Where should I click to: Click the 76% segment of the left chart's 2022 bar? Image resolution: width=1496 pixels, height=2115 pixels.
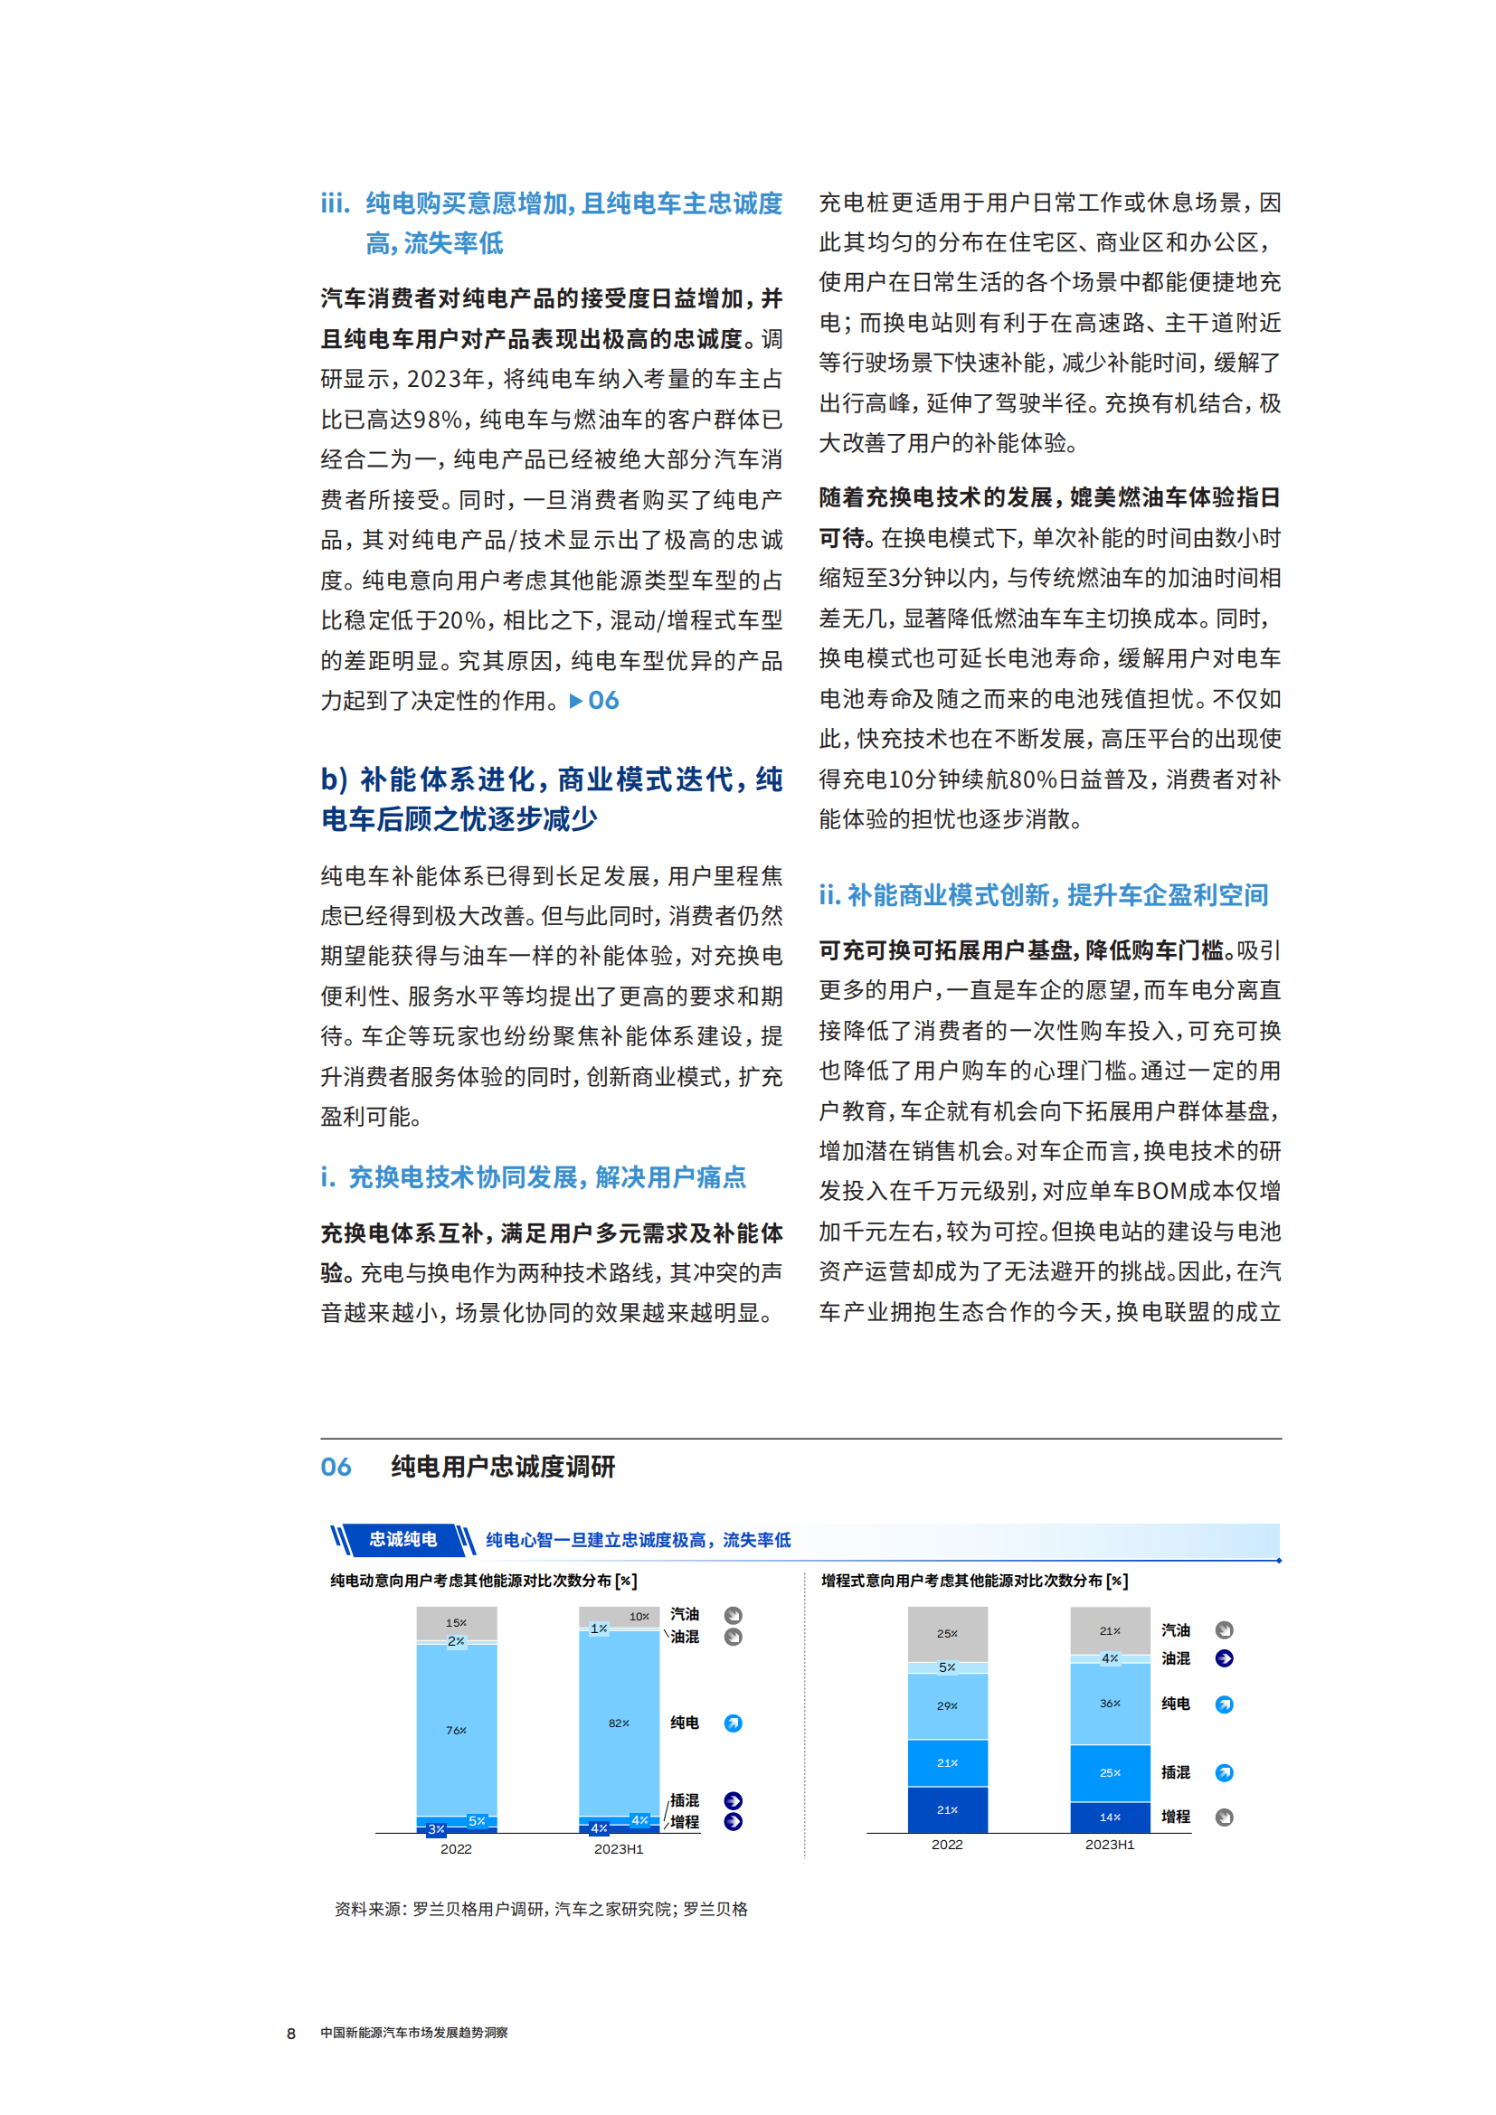456,1730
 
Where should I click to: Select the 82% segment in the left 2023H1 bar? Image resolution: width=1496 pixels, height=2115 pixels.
618,1723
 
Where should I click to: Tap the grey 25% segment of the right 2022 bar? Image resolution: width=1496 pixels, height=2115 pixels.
947,1633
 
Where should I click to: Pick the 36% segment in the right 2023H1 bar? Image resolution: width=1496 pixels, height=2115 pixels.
1110,1704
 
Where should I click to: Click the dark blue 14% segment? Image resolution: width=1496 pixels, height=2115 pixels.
1110,1817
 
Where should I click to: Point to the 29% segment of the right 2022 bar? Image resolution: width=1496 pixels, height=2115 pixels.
947,1706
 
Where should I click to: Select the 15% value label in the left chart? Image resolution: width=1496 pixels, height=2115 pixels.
456,1622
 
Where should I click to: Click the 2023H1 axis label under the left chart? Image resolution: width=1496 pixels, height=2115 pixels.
618,1849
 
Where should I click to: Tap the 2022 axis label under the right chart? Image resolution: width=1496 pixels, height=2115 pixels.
947,1844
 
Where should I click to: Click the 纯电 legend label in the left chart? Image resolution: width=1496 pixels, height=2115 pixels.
685,1723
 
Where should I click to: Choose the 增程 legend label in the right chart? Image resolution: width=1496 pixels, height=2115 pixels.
1176,1817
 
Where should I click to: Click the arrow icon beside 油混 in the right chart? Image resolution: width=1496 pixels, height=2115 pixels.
1225,1658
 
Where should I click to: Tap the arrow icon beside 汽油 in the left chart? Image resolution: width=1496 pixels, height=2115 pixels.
734,1615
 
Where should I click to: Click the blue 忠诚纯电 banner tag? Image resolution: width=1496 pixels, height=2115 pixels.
402,1539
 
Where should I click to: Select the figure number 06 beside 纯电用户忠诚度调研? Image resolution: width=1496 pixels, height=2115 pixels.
336,1468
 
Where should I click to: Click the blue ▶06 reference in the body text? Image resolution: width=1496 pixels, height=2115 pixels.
595,701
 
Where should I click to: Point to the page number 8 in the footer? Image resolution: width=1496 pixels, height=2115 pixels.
291,2033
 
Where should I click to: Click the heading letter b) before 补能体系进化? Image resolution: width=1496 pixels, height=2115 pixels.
334,779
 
